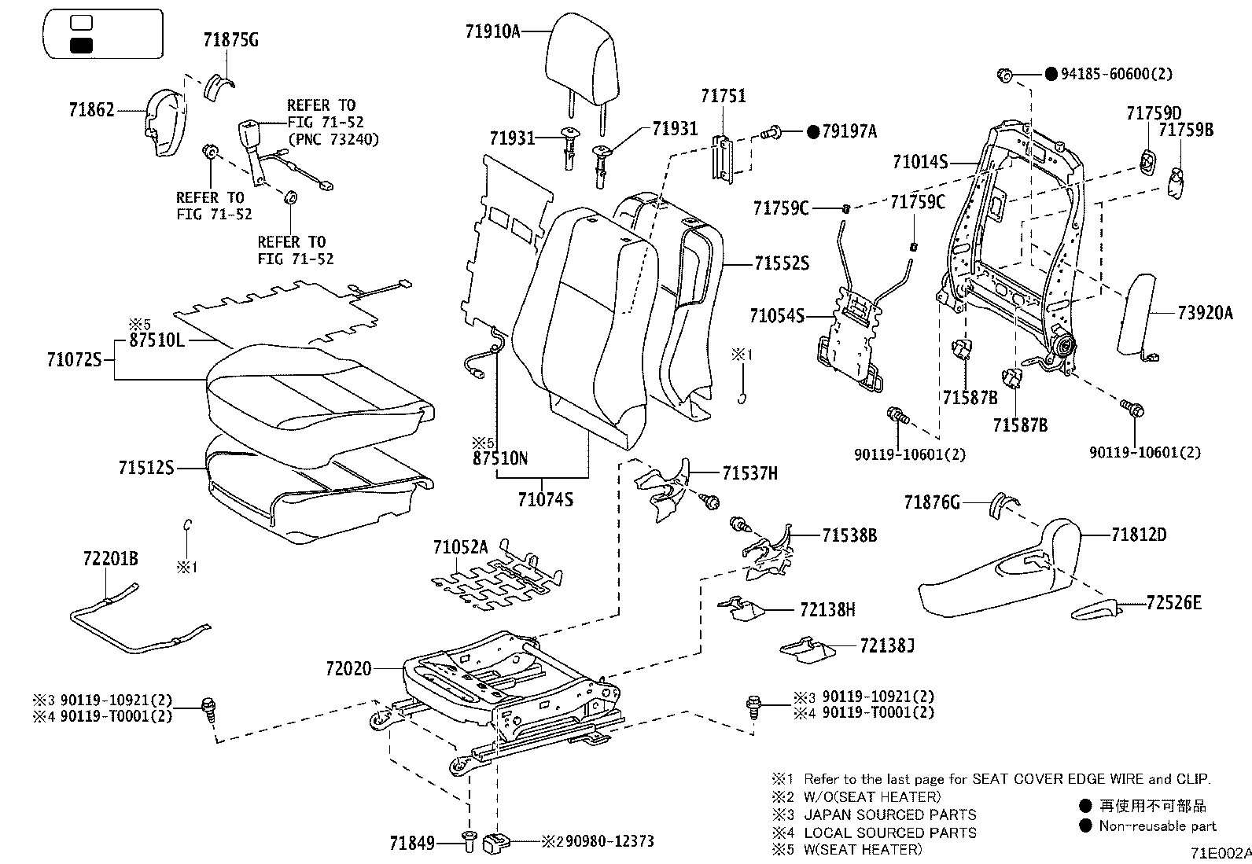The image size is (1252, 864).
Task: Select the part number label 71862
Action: (x=91, y=111)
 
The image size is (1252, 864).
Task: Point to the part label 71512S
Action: (x=145, y=468)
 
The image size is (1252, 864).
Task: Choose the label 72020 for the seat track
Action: (x=348, y=669)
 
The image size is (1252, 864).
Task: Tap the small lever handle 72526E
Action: (x=1097, y=609)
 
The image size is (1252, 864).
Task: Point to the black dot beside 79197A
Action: (x=813, y=132)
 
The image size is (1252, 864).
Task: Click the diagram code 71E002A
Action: (x=1219, y=852)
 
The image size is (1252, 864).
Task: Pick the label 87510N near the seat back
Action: (x=500, y=458)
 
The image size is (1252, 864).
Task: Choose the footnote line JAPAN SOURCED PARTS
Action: (x=889, y=814)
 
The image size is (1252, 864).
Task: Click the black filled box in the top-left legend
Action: (x=82, y=46)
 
